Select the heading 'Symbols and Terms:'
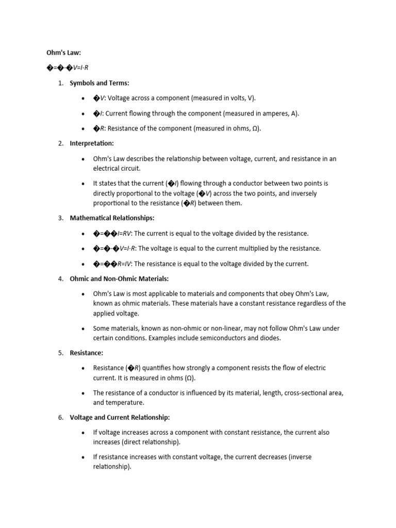[100, 83]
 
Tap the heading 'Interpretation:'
[92, 143]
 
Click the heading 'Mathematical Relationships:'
[112, 218]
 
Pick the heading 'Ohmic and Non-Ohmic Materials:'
[119, 278]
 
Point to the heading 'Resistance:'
[86, 353]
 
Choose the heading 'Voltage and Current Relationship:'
[120, 417]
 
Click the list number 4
[60, 278]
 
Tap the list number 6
[60, 417]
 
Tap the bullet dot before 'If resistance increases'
[84, 457]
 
